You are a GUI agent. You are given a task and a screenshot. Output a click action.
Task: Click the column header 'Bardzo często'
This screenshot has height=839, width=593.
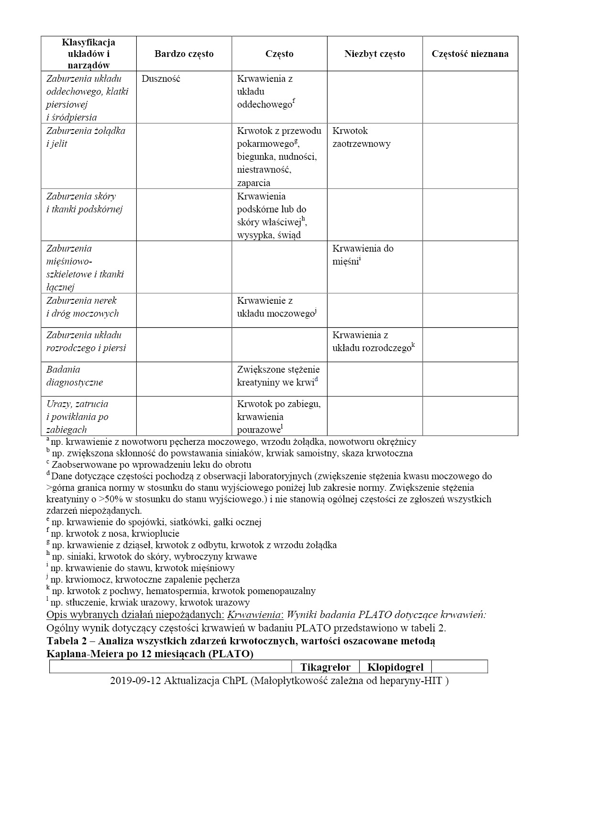pos(184,54)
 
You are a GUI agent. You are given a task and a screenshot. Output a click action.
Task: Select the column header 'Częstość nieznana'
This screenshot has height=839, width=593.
pos(470,54)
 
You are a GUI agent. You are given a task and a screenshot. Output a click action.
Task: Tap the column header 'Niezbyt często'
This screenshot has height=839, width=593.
pos(374,54)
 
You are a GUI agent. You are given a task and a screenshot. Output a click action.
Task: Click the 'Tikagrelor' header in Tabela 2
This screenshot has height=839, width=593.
pos(325,667)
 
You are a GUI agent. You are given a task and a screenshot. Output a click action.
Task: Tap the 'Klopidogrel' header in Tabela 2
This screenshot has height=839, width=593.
pos(395,667)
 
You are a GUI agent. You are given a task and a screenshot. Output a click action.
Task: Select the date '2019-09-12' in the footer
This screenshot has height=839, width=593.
pos(135,681)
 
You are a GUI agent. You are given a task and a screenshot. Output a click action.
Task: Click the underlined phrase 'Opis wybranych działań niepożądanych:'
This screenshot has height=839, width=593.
pos(135,615)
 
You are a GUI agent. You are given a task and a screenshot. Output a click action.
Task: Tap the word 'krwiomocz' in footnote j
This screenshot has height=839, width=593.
pos(88,579)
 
